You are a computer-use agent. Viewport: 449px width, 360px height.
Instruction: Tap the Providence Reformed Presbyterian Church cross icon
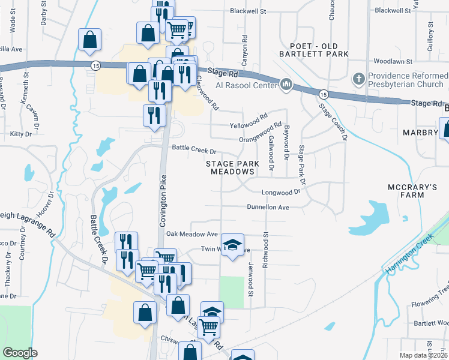pyautogui.click(x=358, y=79)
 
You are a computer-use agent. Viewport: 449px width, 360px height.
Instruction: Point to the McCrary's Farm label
pyautogui.click(x=412, y=192)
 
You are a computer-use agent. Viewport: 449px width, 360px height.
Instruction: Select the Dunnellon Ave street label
pyautogui.click(x=268, y=207)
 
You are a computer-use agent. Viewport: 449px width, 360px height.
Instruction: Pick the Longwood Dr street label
pyautogui.click(x=280, y=193)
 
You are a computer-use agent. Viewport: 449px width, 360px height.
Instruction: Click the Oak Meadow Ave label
pyautogui.click(x=191, y=234)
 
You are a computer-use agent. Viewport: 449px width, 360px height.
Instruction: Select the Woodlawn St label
pyautogui.click(x=393, y=61)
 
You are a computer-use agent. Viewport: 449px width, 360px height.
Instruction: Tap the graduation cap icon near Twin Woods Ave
pyautogui.click(x=232, y=245)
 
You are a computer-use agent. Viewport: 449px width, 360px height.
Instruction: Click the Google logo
pyautogui.click(x=20, y=352)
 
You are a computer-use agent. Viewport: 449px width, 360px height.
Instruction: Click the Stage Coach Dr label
pyautogui.click(x=334, y=122)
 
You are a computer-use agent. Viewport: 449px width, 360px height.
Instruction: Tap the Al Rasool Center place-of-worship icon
pyautogui.click(x=286, y=85)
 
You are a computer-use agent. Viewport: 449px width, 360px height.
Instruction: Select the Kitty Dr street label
pyautogui.click(x=20, y=133)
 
